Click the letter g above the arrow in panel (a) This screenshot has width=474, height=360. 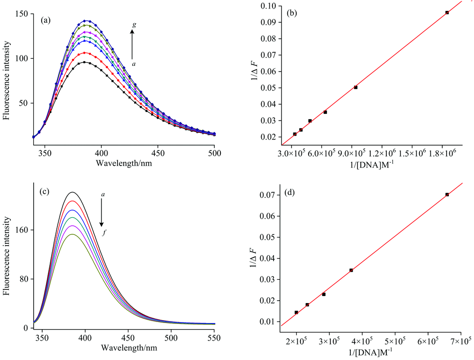click(134, 26)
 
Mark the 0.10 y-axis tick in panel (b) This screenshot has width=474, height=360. click(268, 6)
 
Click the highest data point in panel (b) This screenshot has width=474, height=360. click(447, 12)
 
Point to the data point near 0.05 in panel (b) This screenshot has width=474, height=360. click(355, 87)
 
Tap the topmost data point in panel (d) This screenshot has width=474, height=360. click(447, 194)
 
